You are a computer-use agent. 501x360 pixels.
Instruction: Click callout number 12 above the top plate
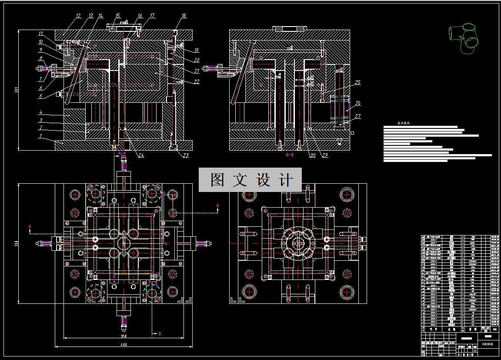pyautogui.click(x=78, y=16)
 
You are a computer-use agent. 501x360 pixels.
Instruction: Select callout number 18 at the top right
pyautogui.click(x=184, y=16)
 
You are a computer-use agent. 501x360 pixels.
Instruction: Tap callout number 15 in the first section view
pyautogui.click(x=117, y=16)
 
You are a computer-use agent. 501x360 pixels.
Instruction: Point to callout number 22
pyautogui.click(x=197, y=82)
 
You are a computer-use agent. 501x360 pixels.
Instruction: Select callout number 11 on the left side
pyautogui.click(x=40, y=33)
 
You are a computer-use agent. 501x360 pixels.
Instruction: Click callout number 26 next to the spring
pyautogui.click(x=358, y=104)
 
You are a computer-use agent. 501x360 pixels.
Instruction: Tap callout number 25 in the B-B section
pyautogui.click(x=358, y=82)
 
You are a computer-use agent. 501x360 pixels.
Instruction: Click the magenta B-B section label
pyautogui.click(x=290, y=155)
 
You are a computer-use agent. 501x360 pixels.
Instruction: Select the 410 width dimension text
pyautogui.click(x=124, y=345)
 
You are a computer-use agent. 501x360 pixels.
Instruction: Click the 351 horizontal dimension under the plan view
pyautogui.click(x=123, y=336)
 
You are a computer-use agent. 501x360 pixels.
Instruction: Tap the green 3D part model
pyautogui.click(x=464, y=38)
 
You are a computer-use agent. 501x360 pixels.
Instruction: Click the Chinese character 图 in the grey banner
pyautogui.click(x=218, y=180)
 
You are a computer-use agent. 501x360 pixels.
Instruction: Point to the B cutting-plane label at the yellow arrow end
pyautogui.click(x=160, y=333)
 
